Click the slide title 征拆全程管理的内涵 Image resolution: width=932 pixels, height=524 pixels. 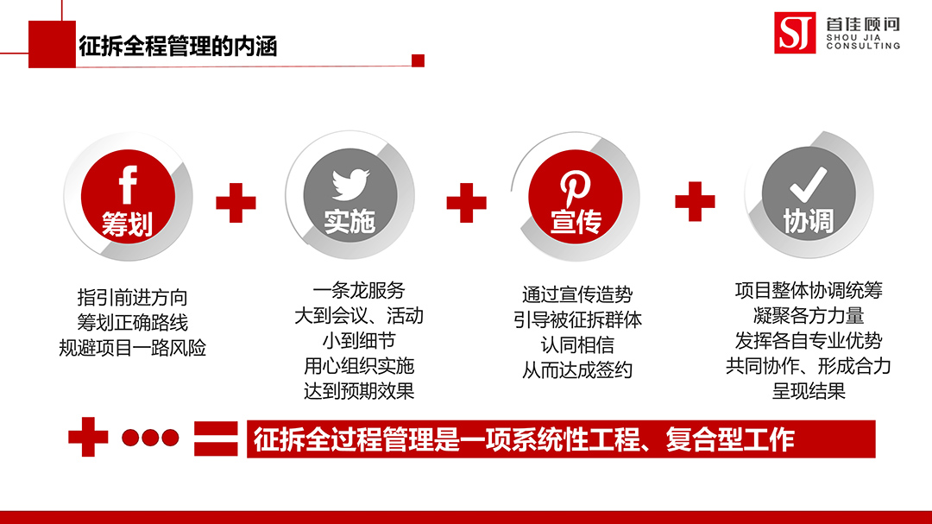point(178,47)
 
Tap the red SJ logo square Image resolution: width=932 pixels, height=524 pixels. point(795,33)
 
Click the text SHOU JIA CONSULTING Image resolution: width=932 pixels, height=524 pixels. point(863,41)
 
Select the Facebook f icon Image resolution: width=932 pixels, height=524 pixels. point(128,185)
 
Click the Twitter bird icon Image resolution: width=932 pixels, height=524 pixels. point(350,184)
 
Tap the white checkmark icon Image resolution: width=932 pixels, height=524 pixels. point(809,185)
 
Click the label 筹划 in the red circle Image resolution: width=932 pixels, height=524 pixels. point(127,224)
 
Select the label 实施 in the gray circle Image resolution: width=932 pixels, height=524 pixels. point(349,222)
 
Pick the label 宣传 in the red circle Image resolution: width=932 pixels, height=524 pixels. point(576,222)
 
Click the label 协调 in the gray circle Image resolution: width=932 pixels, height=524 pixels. point(809,221)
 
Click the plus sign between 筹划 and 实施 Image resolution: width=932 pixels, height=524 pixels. point(236,203)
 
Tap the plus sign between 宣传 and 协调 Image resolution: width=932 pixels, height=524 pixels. point(695,202)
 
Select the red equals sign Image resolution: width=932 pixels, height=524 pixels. point(216,439)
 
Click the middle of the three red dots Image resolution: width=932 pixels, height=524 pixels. point(150,438)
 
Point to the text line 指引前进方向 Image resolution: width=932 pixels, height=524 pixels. point(133,297)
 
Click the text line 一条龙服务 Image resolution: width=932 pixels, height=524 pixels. point(359,290)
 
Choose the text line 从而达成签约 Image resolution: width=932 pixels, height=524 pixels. point(577,370)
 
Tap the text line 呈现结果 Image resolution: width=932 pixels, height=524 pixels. point(809,391)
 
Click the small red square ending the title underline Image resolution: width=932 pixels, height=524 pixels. point(418,60)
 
